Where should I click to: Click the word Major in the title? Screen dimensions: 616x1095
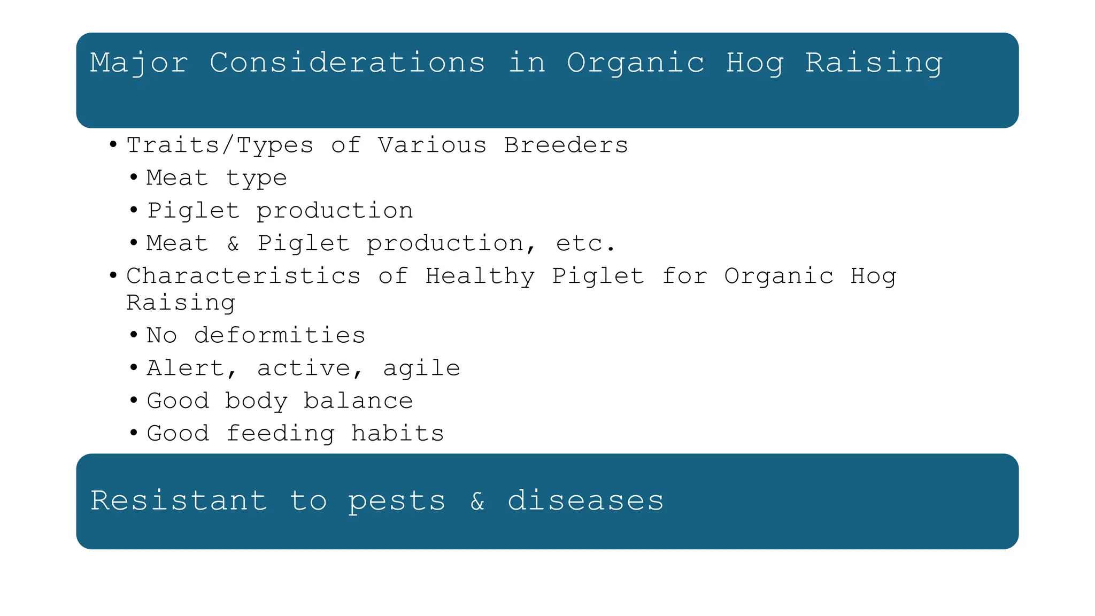138,63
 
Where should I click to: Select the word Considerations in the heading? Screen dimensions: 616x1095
347,63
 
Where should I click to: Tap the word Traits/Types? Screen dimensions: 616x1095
220,145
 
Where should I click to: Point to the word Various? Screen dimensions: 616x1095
432,145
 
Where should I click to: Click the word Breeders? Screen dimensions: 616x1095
566,145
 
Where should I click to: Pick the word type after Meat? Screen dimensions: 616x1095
256,179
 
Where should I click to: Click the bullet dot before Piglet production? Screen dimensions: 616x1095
134,210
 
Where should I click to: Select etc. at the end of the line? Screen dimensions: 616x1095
585,244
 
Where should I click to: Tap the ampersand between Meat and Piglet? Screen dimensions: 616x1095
233,244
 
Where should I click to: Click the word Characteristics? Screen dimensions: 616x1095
243,276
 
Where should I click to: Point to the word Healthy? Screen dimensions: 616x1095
480,276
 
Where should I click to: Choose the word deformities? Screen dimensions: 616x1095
280,336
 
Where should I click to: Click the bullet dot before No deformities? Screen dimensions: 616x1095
134,335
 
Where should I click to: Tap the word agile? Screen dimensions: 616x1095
421,368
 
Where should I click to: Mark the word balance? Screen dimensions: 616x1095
358,401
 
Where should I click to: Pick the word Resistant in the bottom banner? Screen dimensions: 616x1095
179,501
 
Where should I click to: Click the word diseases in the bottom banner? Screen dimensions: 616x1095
585,501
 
